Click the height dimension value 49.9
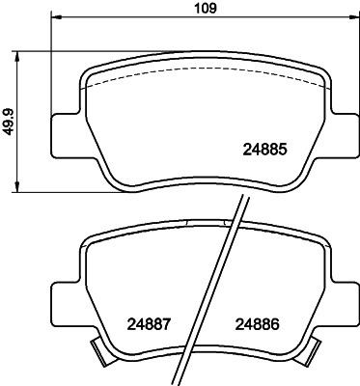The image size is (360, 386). tap(10, 121)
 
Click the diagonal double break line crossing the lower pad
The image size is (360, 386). tap(217, 289)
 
